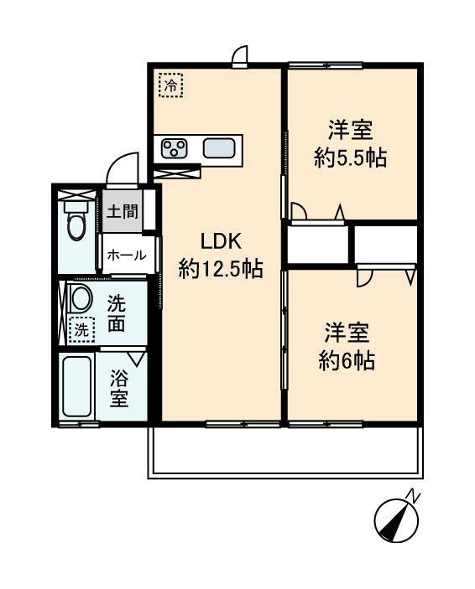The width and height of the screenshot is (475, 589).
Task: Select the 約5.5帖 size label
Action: tap(350, 158)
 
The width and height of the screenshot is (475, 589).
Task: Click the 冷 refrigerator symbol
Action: tap(171, 85)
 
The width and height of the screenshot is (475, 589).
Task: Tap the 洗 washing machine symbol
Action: tap(81, 330)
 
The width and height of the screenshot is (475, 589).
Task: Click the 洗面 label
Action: tap(117, 313)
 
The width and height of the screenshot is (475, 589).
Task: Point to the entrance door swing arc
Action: tap(123, 165)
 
